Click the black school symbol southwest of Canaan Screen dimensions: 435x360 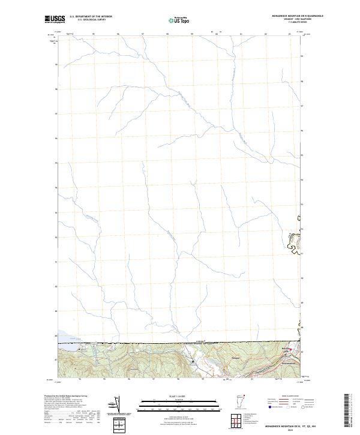192,361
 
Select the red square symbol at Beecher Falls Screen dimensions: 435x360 292,349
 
